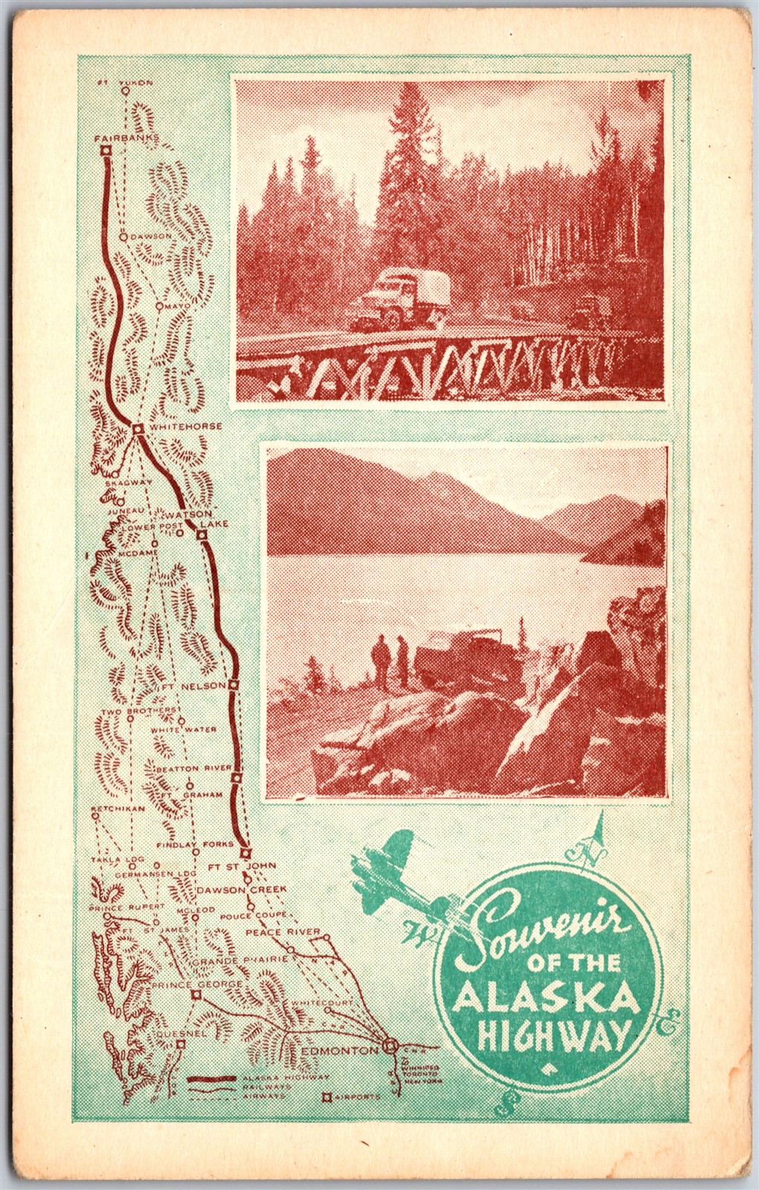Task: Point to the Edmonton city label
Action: pos(342,1050)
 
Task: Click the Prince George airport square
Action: pos(196,994)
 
